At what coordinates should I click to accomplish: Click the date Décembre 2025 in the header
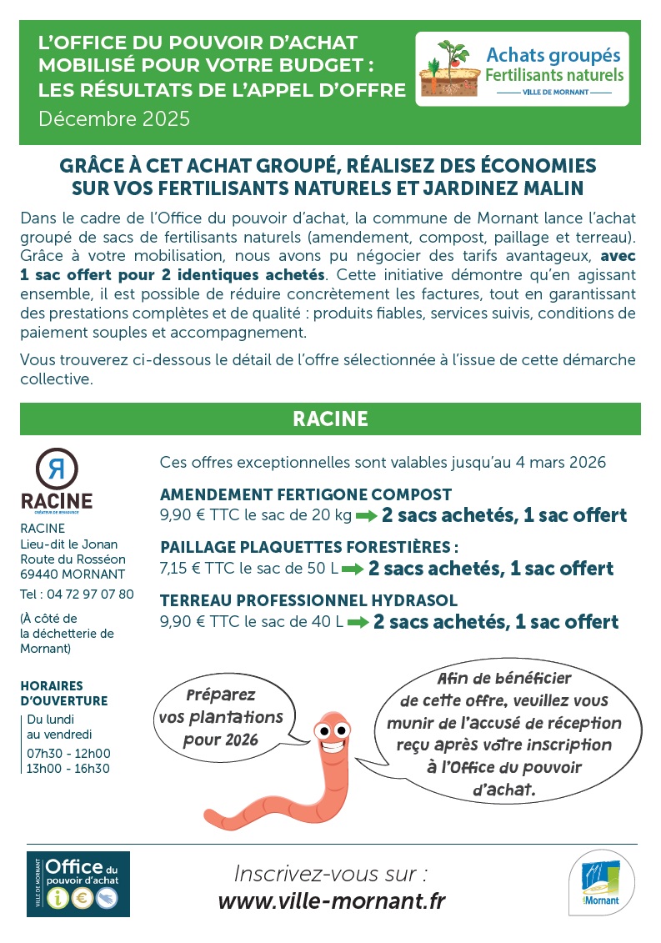coord(114,118)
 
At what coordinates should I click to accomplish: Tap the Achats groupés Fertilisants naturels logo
coord(522,70)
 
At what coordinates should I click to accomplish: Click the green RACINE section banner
coord(330,419)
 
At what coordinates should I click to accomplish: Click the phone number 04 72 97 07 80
coord(87,594)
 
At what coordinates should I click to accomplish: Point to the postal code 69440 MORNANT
coord(73,574)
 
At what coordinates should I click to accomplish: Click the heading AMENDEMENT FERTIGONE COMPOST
coord(306,494)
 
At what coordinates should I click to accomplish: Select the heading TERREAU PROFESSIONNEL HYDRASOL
coord(308,600)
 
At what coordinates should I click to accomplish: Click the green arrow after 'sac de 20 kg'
coord(367,516)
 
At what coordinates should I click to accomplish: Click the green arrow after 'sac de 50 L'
coord(353,569)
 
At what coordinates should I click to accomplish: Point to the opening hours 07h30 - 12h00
coord(68,753)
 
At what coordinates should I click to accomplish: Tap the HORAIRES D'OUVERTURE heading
coord(64,694)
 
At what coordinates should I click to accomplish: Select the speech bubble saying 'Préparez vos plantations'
coord(221,715)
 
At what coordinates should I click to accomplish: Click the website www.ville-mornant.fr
coord(331,901)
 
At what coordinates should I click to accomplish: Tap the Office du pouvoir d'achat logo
coord(78,884)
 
